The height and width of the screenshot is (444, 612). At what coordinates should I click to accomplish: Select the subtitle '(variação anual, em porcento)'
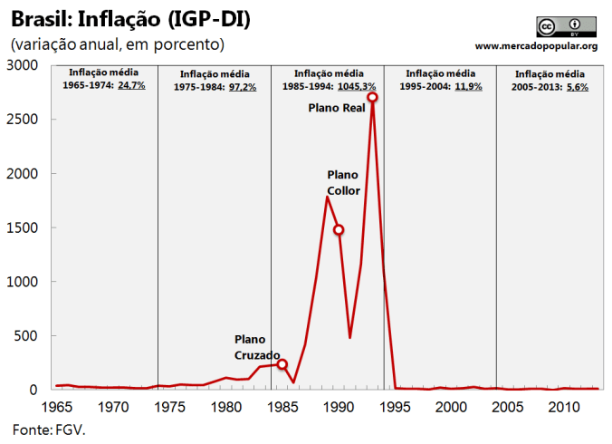click(x=117, y=43)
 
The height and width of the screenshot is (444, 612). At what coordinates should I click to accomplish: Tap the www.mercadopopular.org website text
click(x=536, y=45)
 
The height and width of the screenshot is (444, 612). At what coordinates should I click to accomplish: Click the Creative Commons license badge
click(x=560, y=26)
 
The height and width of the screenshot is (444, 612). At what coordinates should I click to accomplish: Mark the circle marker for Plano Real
click(x=372, y=97)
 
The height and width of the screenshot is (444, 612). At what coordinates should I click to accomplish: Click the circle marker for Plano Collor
click(x=339, y=230)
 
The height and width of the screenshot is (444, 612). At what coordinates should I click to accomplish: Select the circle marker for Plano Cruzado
click(x=282, y=364)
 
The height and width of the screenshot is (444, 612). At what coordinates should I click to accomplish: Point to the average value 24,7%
click(x=131, y=85)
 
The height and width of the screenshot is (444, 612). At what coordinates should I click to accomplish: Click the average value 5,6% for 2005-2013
click(x=577, y=87)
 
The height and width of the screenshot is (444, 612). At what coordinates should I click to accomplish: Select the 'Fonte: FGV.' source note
click(x=49, y=428)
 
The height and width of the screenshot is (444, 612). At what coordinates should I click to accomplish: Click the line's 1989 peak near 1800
click(x=327, y=197)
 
